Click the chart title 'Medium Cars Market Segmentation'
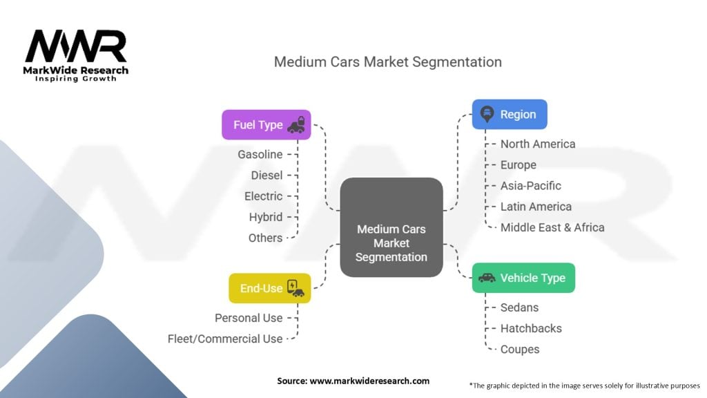(387, 61)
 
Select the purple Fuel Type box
(266, 125)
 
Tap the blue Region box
(510, 115)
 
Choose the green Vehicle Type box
(523, 278)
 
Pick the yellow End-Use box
(269, 288)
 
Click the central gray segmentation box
(391, 227)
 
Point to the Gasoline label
(260, 155)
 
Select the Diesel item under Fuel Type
(267, 176)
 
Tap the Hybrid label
(266, 217)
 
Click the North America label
(537, 144)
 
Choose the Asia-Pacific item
(530, 185)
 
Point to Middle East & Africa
(552, 227)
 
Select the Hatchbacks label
(531, 328)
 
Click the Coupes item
(520, 349)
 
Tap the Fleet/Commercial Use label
(225, 339)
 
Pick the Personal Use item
(249, 318)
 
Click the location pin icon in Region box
(486, 115)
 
